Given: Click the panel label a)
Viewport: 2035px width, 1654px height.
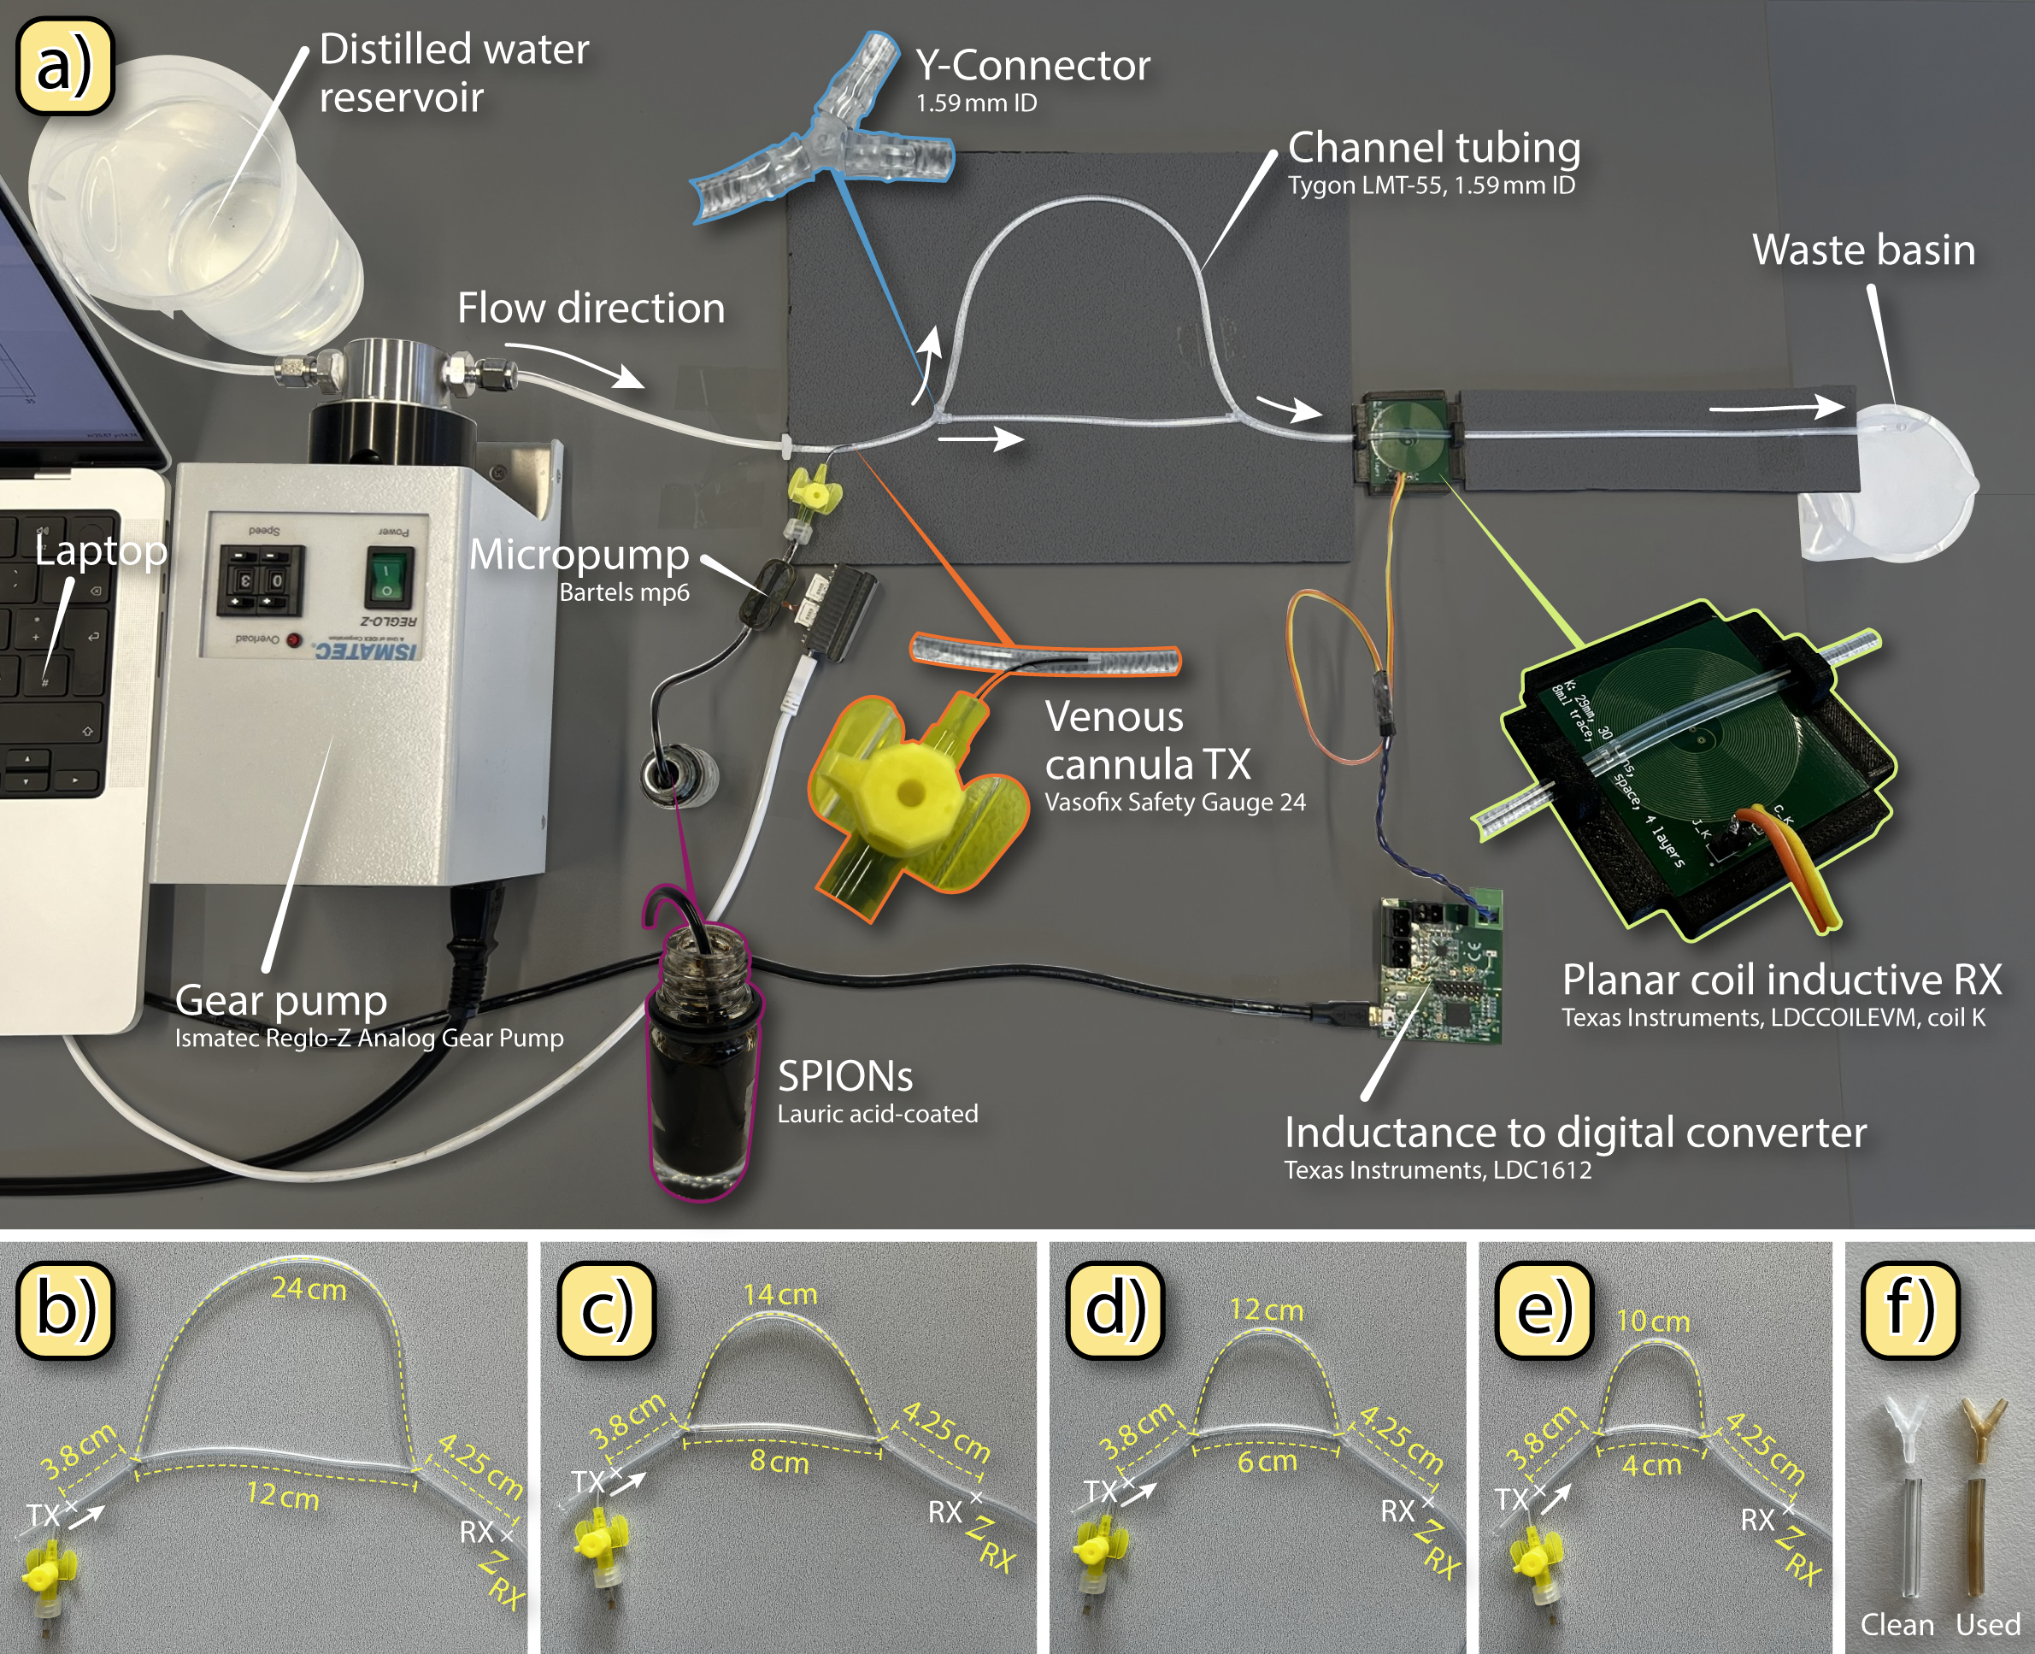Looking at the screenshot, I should [x=65, y=66].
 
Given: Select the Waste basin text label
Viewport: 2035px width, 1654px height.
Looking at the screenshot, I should [x=1862, y=250].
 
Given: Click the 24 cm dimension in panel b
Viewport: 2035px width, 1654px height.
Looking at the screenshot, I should [x=309, y=1288].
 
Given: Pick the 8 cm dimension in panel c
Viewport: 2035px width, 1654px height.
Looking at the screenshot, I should [x=779, y=1461].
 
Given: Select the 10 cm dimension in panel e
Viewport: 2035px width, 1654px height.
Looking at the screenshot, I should [x=1653, y=1321].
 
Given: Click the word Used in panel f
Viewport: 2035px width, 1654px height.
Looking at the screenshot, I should [x=1987, y=1624].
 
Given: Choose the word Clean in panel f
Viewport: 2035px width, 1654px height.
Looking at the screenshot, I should [x=1897, y=1624].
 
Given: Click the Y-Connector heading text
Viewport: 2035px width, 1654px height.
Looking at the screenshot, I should [x=1032, y=66].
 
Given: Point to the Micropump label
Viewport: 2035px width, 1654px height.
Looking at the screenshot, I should [x=579, y=555].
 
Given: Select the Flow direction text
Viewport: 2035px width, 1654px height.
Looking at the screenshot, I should [x=591, y=308].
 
